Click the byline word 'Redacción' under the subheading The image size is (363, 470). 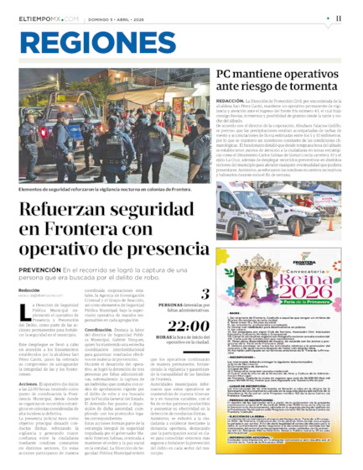[x=29, y=290]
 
